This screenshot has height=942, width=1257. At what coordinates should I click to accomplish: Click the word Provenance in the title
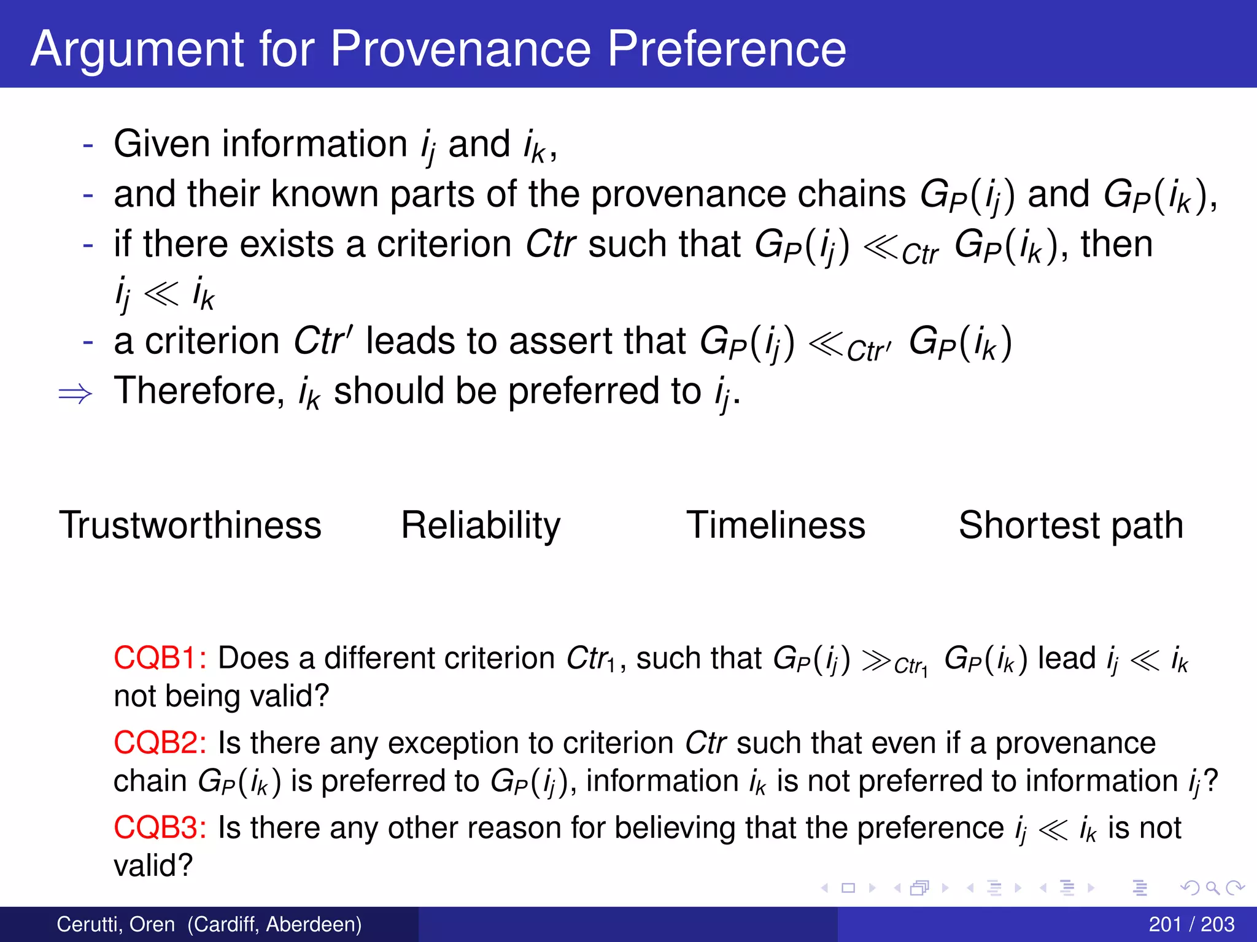coord(460,49)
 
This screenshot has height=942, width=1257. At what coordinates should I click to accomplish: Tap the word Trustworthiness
coord(190,526)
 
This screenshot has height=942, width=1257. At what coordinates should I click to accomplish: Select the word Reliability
coord(481,526)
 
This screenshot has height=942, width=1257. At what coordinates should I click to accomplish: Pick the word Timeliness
coord(775,526)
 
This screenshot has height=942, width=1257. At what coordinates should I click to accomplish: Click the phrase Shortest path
coord(1071,526)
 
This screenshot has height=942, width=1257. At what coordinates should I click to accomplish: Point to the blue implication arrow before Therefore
coord(75,394)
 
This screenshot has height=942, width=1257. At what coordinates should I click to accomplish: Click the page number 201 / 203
coord(1191,924)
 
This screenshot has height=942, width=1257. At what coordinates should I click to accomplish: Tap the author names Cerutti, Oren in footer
coord(116,924)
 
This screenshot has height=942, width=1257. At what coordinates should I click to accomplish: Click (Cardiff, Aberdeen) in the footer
coord(274,924)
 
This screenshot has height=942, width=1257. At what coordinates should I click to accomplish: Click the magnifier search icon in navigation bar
coord(1212,888)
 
